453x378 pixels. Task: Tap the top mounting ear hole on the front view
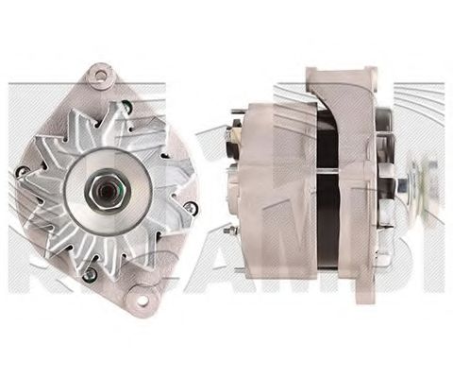pyautogui.click(x=99, y=73)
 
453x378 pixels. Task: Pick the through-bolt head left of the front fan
pyautogui.click(x=20, y=171)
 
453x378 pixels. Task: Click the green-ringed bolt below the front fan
pyautogui.click(x=90, y=275)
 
